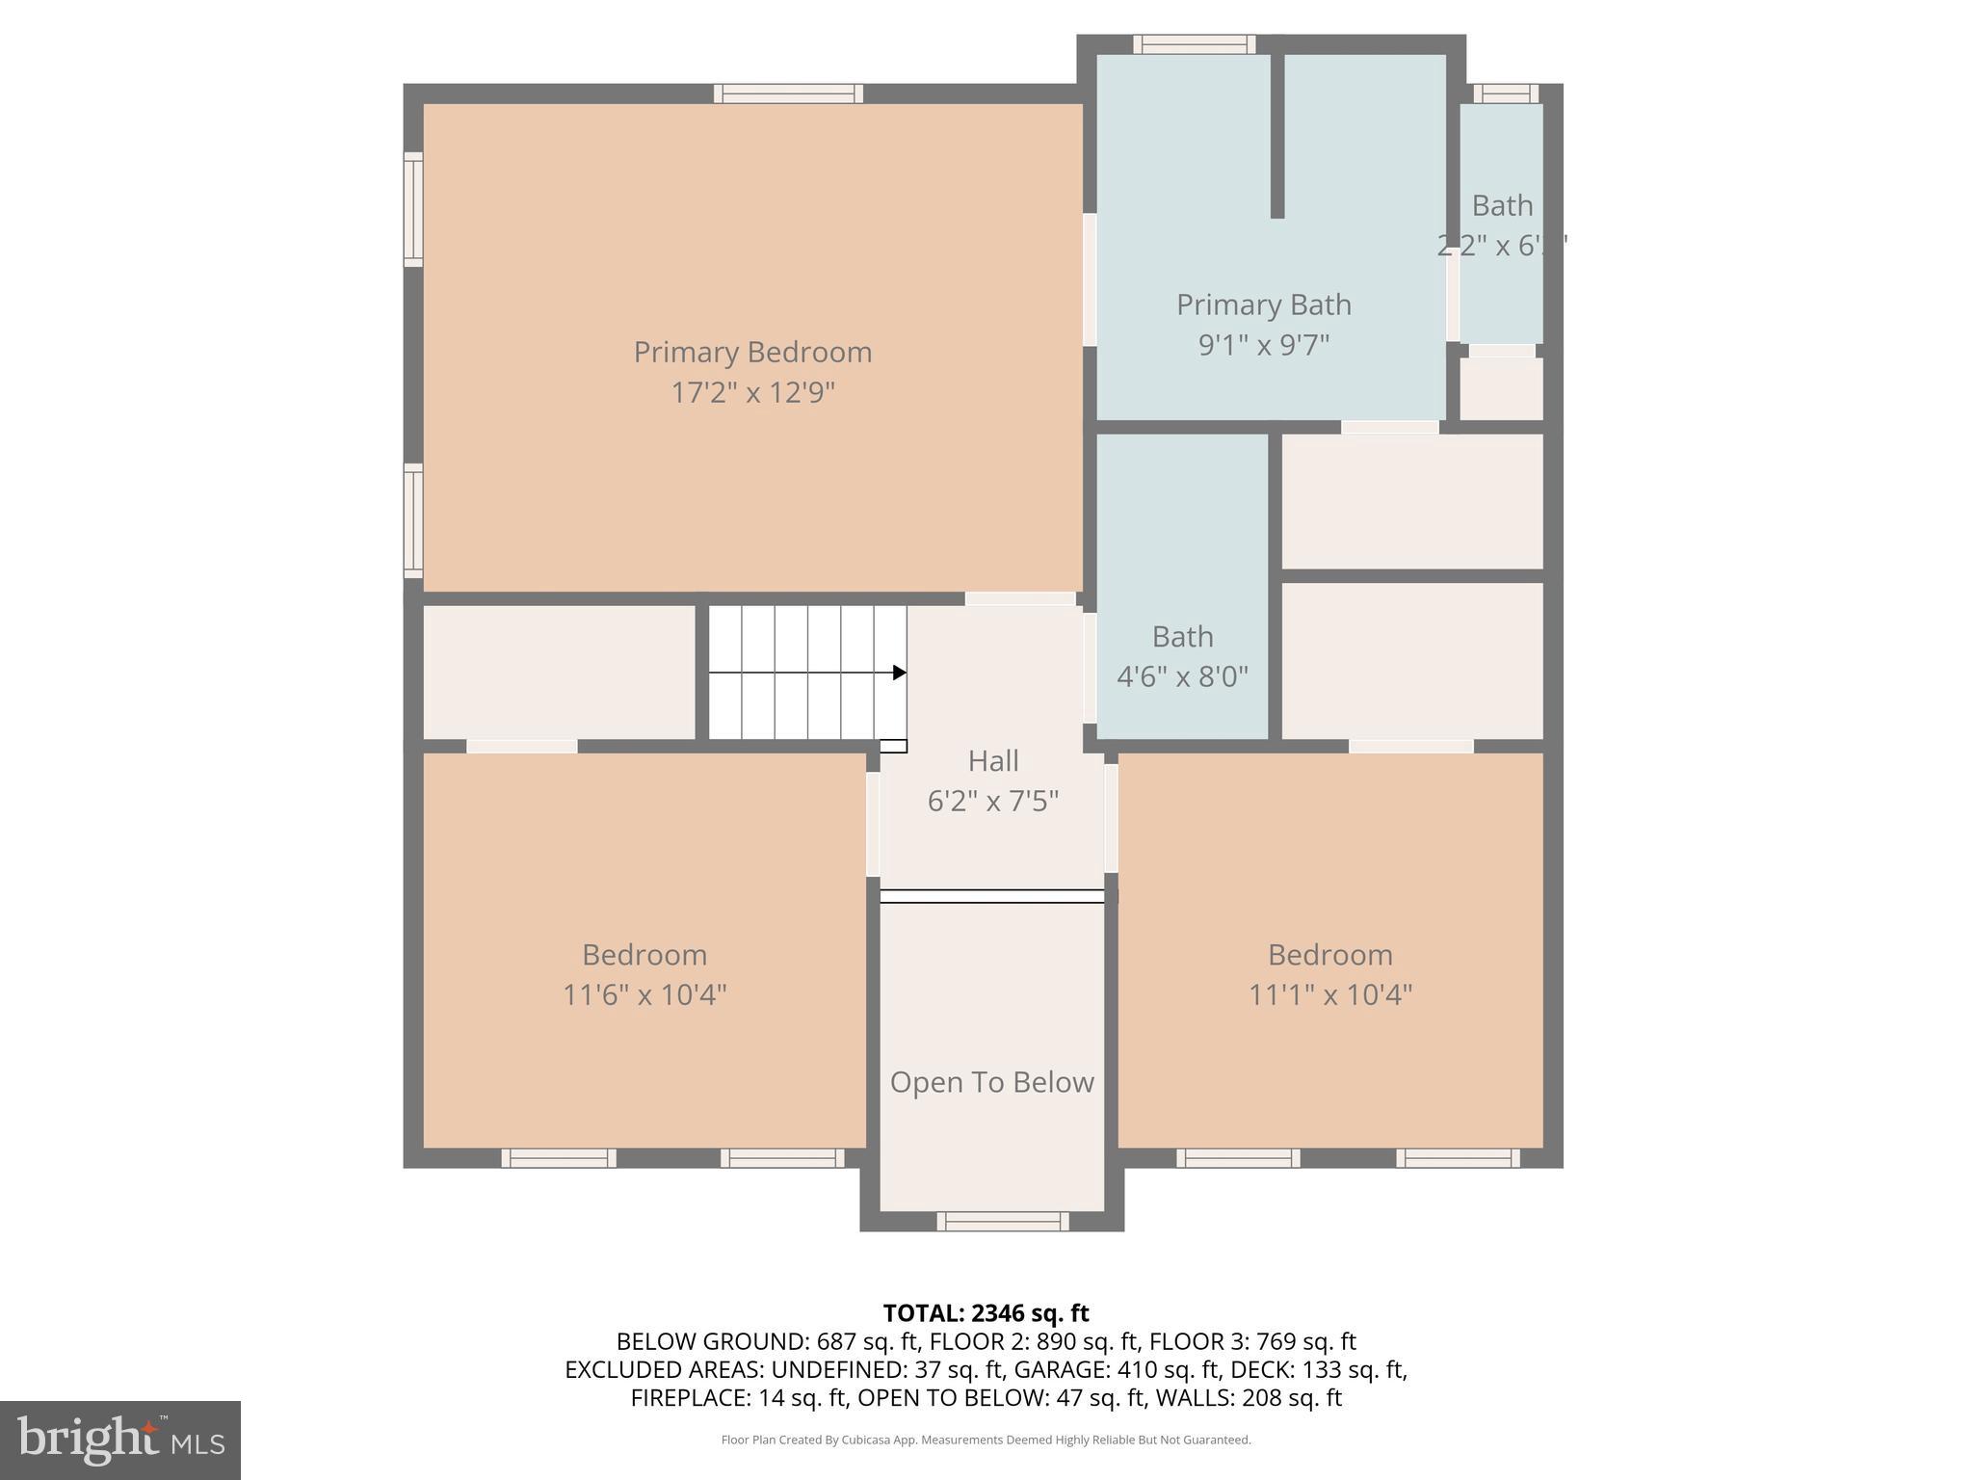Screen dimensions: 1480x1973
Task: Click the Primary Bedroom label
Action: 752,352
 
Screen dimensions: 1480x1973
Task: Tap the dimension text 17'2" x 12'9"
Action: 752,393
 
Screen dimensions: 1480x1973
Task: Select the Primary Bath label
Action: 1263,304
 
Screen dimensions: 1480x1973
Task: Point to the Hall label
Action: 992,760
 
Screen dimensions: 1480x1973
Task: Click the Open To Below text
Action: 991,1082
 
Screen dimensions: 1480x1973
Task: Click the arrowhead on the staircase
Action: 899,673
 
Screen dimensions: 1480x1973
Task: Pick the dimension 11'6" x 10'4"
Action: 645,994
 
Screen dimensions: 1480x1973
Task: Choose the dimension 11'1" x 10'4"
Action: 1329,994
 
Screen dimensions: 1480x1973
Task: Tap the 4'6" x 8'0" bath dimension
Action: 1182,676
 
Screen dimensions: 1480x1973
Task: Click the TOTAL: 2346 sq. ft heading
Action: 986,1313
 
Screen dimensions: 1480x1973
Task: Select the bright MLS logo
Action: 120,1440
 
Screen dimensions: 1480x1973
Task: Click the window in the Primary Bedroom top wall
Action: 788,93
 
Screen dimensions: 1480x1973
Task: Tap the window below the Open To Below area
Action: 1002,1222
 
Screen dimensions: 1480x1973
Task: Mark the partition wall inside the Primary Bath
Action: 1276,135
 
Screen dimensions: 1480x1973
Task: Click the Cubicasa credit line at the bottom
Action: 986,1440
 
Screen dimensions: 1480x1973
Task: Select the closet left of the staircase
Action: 559,672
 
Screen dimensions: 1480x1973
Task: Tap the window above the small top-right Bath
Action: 1505,93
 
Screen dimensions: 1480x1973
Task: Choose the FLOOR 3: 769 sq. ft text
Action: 1252,1341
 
